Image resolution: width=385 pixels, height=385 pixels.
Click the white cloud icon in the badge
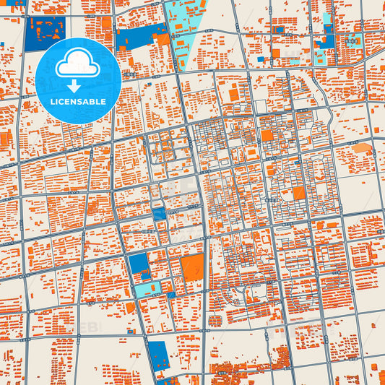(78, 64)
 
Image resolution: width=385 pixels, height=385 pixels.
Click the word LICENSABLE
(78, 102)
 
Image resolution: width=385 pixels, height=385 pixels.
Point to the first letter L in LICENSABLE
(52, 102)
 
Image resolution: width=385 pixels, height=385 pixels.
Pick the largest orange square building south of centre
(193, 268)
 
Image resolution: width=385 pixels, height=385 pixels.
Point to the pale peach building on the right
(362, 148)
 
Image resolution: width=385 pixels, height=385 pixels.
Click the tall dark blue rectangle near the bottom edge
(158, 355)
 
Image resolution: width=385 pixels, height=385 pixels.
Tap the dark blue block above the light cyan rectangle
(137, 264)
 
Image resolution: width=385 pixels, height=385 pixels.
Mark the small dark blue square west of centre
(159, 215)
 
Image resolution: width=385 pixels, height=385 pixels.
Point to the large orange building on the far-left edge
(6, 139)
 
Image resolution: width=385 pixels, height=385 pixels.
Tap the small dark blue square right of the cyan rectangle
(171, 295)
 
